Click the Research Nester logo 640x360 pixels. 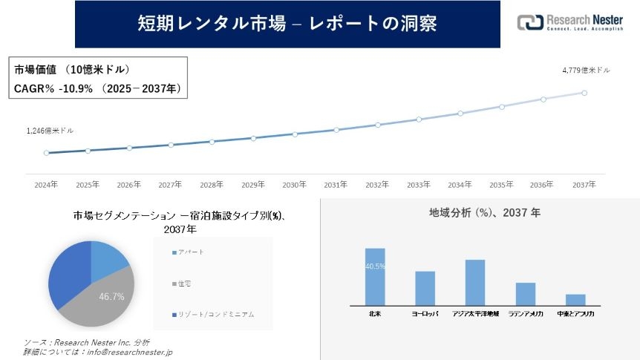click(x=569, y=22)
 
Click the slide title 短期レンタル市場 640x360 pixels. click(x=287, y=24)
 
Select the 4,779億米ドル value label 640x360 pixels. click(x=586, y=71)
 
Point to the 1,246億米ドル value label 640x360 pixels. click(x=50, y=131)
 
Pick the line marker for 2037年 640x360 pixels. click(x=584, y=93)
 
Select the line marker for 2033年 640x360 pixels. click(x=419, y=119)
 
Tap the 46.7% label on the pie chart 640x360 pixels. click(x=111, y=296)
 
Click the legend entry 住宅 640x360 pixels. click(x=184, y=283)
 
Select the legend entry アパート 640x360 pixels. click(x=189, y=252)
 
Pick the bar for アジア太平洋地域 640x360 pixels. click(x=474, y=282)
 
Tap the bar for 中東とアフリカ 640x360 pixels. click(x=575, y=299)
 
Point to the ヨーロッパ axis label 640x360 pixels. click(x=425, y=315)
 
